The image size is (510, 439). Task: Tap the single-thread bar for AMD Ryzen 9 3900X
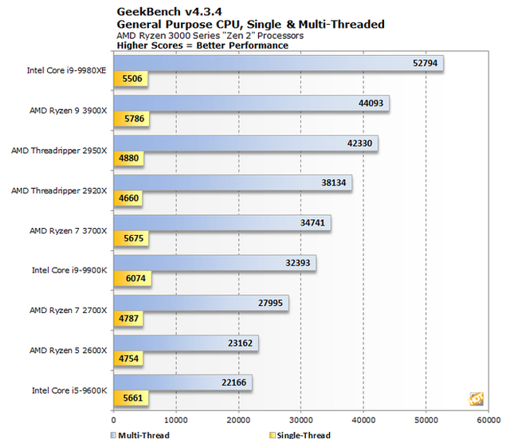click(132, 119)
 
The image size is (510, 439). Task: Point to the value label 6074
click(132, 278)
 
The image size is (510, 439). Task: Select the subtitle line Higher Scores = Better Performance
click(202, 45)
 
